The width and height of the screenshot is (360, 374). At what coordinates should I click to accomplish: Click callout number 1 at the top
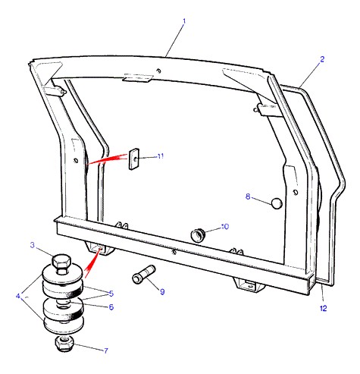[184, 21]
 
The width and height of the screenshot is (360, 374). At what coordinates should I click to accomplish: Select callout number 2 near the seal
[322, 59]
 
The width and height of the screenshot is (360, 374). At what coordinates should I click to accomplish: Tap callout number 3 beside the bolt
[33, 245]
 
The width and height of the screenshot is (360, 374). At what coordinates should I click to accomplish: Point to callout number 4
[18, 296]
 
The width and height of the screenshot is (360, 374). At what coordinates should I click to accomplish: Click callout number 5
[111, 294]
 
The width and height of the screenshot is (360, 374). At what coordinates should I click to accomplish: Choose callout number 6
[111, 307]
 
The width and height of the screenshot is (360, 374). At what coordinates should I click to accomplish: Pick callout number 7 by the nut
[106, 350]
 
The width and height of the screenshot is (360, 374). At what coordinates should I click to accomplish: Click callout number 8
[248, 196]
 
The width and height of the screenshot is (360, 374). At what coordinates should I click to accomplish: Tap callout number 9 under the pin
[162, 292]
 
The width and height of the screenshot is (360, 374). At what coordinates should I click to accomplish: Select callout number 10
[224, 227]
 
